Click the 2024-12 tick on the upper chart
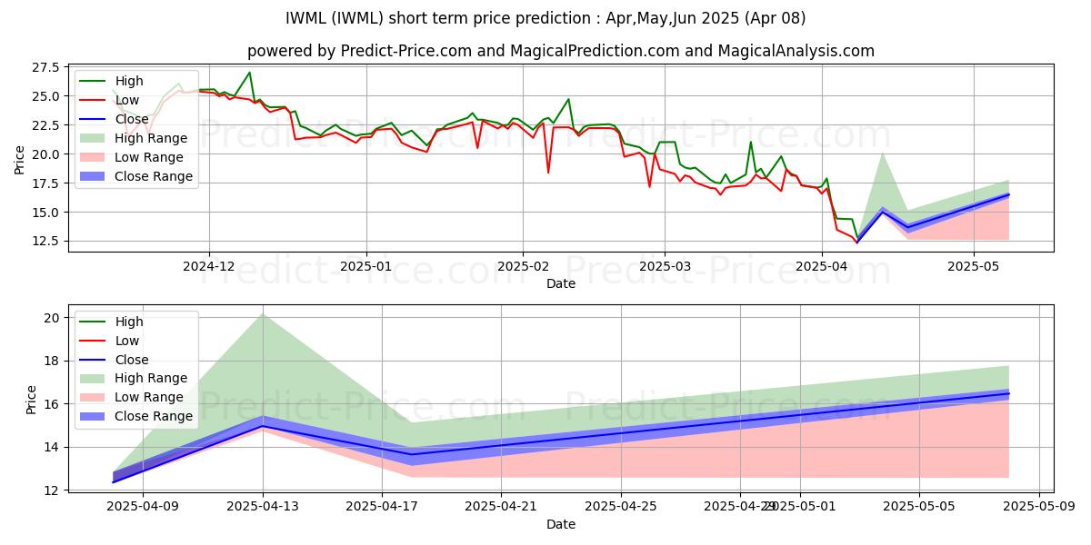tap(209, 267)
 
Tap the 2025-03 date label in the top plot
tap(664, 267)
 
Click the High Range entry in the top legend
tap(151, 138)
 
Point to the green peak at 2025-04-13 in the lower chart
tap(263, 313)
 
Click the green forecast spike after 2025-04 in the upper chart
tap(882, 154)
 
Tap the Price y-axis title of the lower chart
tap(32, 399)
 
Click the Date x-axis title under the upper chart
tap(560, 283)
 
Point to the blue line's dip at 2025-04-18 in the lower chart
tap(413, 454)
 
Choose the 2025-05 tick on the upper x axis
tap(974, 267)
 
